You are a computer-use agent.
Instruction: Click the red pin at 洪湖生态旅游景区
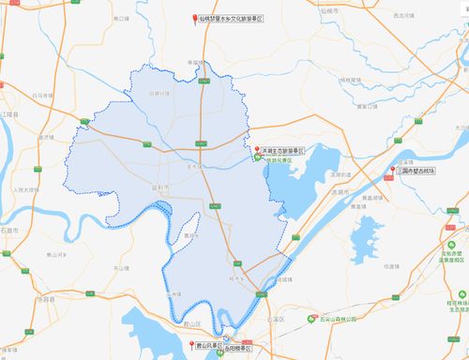257,148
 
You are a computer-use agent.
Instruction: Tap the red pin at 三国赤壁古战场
392,170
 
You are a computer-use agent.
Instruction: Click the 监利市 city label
162,187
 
